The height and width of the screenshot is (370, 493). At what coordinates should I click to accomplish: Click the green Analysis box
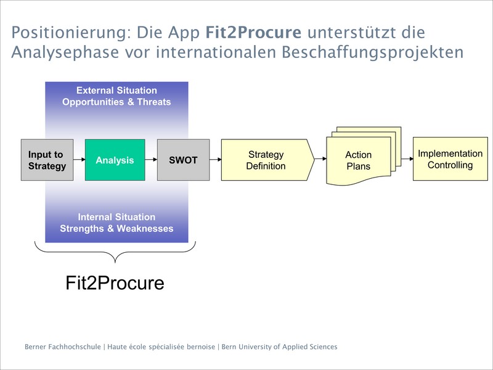[x=115, y=160]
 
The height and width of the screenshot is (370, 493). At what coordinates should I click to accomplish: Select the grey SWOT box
[x=183, y=160]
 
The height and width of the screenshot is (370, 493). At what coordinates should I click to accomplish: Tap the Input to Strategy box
[x=47, y=160]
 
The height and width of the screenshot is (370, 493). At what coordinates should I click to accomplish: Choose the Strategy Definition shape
[x=267, y=160]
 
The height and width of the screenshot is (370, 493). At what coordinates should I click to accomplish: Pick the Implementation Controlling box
[x=450, y=159]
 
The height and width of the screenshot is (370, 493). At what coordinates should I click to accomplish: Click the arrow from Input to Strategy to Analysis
[x=79, y=160]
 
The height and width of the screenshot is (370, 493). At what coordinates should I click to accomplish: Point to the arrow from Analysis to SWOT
[x=151, y=160]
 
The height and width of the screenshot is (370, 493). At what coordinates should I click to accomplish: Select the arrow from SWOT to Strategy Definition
[x=215, y=160]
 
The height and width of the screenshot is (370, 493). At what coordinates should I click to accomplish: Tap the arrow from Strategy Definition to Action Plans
[x=320, y=159]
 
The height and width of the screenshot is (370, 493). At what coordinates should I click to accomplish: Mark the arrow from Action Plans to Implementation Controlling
[x=407, y=159]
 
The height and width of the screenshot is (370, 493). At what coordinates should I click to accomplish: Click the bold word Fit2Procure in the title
[x=253, y=33]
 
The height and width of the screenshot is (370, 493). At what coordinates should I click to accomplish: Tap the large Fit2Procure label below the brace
[x=115, y=282]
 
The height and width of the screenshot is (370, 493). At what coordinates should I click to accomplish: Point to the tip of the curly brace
[x=115, y=263]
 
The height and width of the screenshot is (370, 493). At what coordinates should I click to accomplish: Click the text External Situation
[x=116, y=91]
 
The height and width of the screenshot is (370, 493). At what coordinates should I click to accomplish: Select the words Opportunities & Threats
[x=116, y=102]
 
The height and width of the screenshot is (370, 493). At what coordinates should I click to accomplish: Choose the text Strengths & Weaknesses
[x=116, y=228]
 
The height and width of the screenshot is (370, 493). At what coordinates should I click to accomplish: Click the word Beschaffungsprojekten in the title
[x=373, y=52]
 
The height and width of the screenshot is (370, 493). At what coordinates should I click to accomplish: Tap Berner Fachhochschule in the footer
[x=63, y=347]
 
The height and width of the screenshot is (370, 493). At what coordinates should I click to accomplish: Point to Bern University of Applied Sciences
[x=280, y=347]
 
